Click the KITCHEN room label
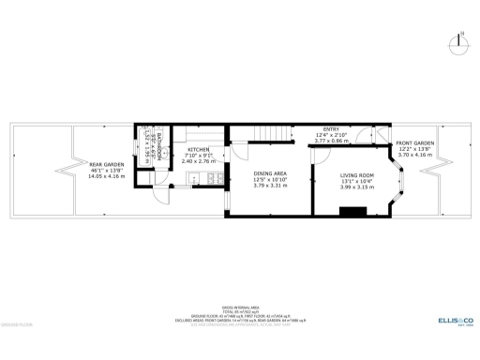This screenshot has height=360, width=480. point(198,150)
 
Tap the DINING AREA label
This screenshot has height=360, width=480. point(270,173)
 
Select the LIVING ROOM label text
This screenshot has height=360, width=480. point(356,175)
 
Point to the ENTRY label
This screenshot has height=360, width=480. point(331,128)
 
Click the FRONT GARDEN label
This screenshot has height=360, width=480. point(414,143)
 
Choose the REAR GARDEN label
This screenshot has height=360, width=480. point(107,164)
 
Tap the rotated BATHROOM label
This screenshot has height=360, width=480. point(160,151)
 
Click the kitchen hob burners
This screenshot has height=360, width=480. point(215,176)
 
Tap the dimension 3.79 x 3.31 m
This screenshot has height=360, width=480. point(270,186)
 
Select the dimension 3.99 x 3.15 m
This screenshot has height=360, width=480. point(356,187)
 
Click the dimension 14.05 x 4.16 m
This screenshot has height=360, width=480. point(107,176)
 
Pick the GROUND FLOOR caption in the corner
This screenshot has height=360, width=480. point(18,324)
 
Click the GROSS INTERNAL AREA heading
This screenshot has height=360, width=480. point(240,307)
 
